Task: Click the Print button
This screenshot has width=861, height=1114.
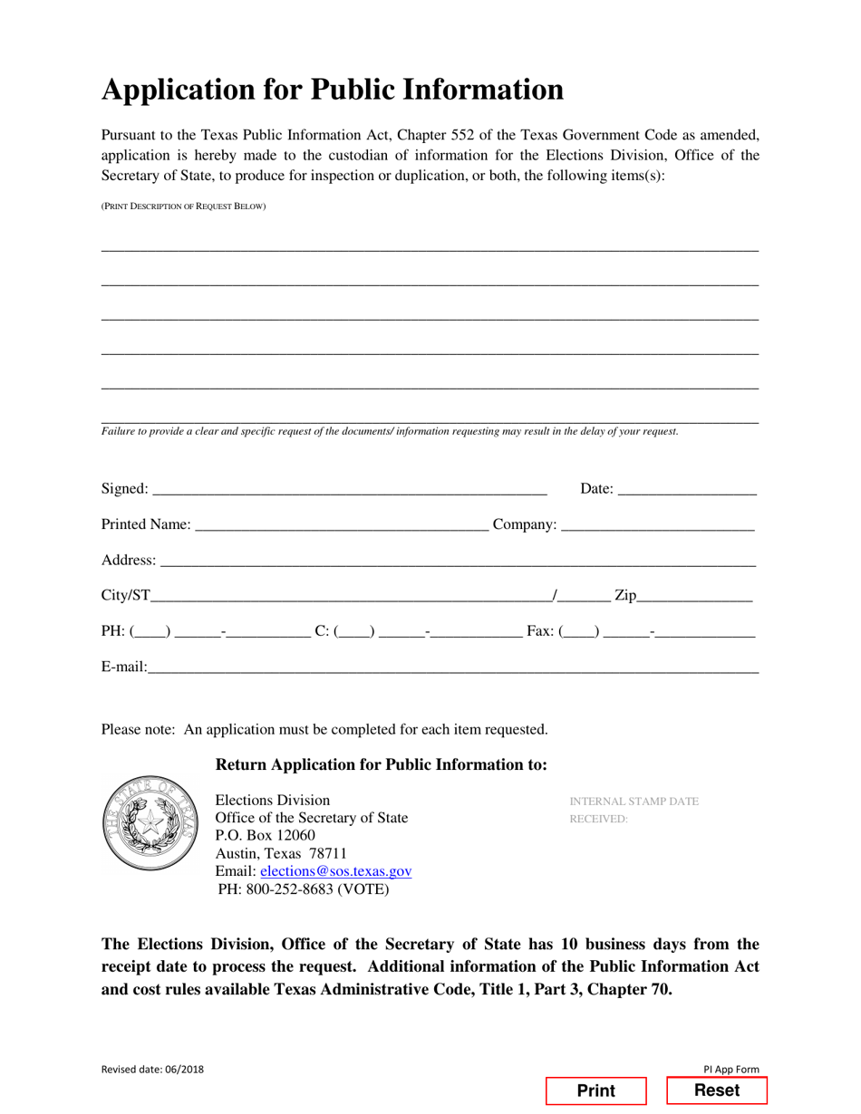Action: click(x=595, y=1090)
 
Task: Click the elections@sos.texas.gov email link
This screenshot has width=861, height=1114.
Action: click(x=335, y=870)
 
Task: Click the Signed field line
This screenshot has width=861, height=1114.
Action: click(x=350, y=490)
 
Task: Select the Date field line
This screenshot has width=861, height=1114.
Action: click(x=686, y=490)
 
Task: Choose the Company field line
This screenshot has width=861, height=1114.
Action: click(x=658, y=525)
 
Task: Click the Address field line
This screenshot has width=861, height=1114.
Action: click(x=458, y=562)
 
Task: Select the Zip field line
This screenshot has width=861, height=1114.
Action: click(x=695, y=597)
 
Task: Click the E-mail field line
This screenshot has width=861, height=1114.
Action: click(x=453, y=668)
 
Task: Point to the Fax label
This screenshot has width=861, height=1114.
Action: click(x=540, y=631)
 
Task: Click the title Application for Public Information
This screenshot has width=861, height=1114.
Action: click(x=332, y=90)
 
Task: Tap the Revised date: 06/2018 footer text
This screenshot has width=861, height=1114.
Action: click(x=152, y=1069)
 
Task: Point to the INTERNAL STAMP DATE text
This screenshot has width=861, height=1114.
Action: click(x=634, y=802)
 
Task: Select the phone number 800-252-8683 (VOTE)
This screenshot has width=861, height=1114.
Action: click(x=304, y=888)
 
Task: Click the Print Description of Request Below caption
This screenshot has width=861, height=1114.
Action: click(x=183, y=206)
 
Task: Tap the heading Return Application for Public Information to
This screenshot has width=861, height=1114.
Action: click(x=381, y=764)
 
